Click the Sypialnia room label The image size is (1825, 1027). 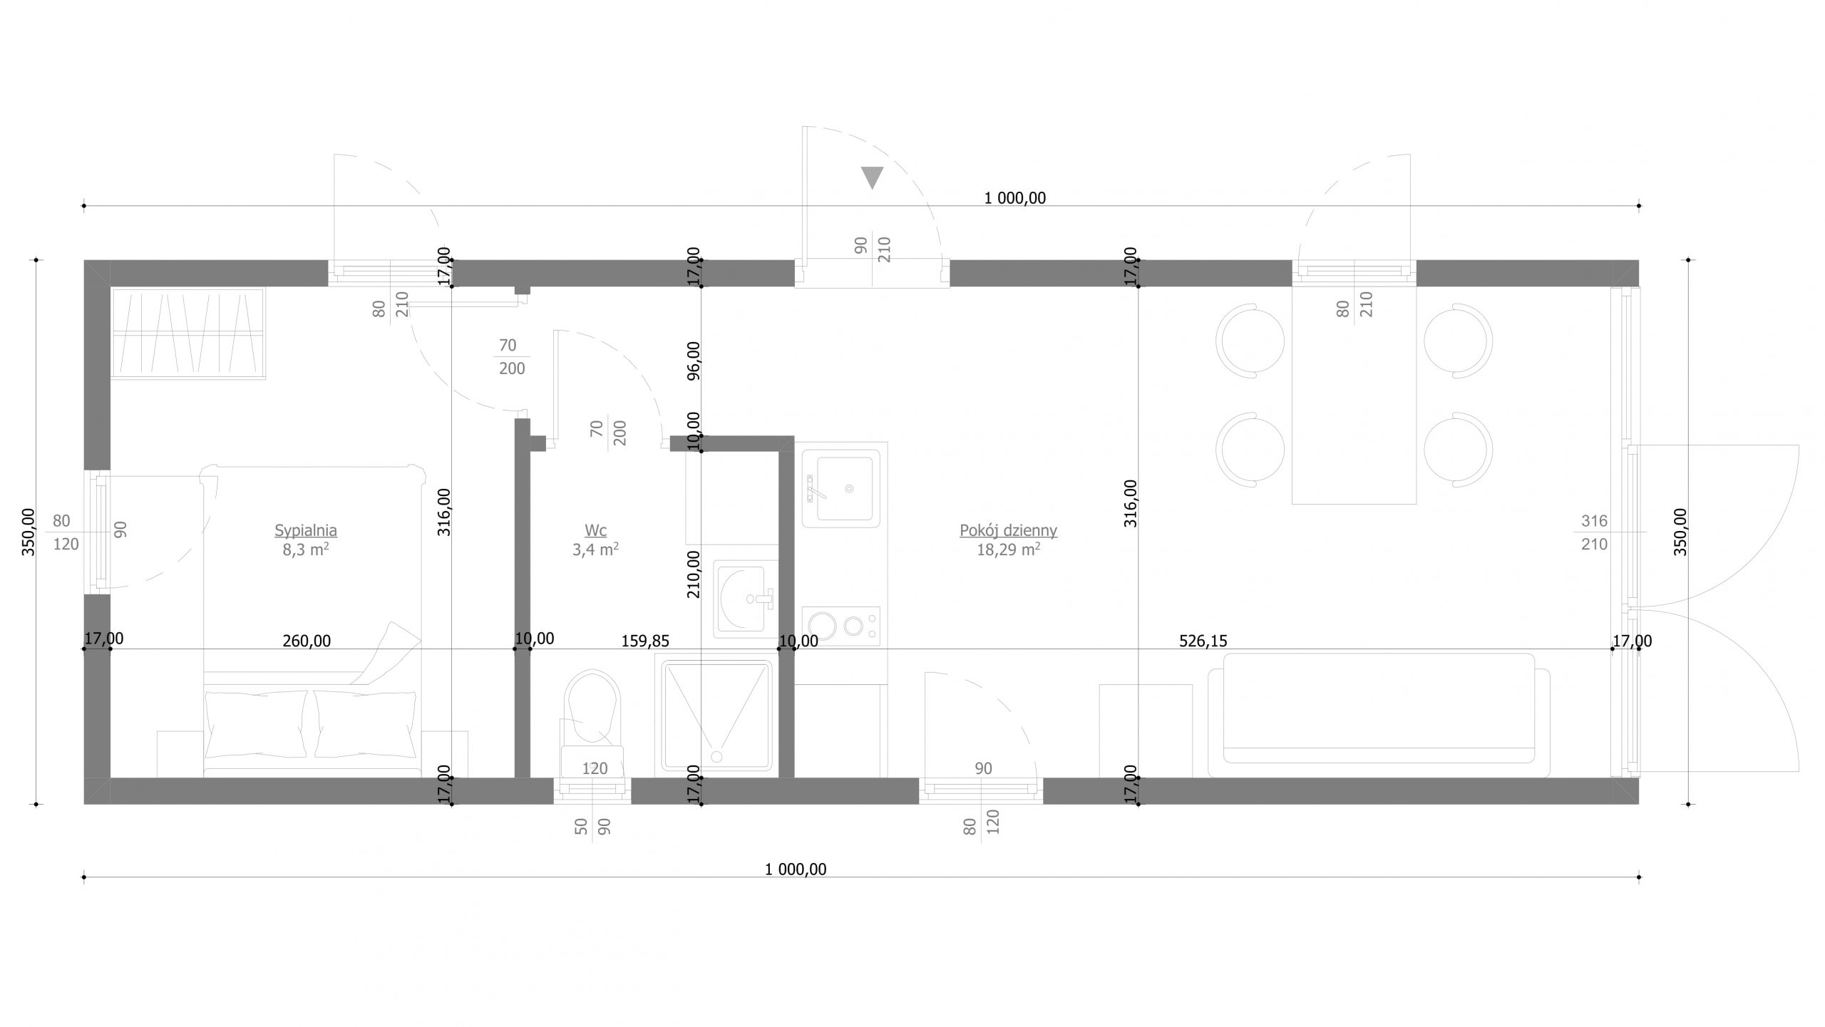click(306, 530)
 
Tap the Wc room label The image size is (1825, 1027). click(595, 530)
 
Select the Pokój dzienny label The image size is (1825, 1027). click(1008, 530)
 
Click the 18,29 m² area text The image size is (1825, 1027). click(1008, 549)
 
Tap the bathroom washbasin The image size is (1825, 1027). click(744, 599)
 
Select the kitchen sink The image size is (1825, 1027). click(845, 488)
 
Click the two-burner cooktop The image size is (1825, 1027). click(841, 626)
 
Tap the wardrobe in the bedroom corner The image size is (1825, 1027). click(188, 334)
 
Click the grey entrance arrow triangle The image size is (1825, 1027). click(872, 177)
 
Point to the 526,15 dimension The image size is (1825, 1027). click(1203, 641)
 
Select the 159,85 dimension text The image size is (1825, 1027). click(645, 641)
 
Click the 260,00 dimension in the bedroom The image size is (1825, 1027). click(307, 641)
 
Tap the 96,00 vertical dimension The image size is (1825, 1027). click(693, 361)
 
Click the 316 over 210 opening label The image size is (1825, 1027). click(1594, 532)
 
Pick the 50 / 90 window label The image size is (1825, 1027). click(592, 827)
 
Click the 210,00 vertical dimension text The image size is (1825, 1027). click(693, 574)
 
